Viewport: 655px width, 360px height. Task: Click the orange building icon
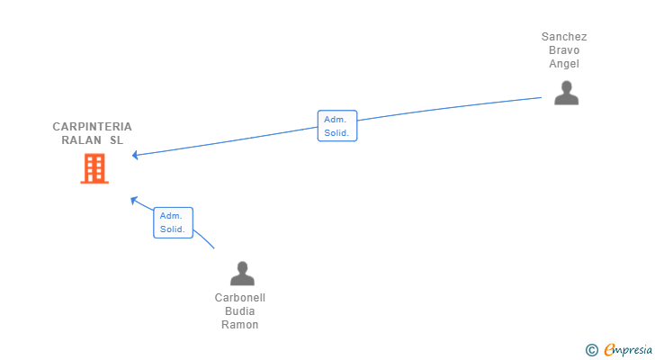pyautogui.click(x=94, y=168)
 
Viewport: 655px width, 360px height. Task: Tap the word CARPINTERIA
pyautogui.click(x=93, y=127)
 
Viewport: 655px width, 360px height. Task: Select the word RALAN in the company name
pyautogui.click(x=82, y=139)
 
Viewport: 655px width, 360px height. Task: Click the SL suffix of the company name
pyautogui.click(x=117, y=139)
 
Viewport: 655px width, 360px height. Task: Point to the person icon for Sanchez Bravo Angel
pyautogui.click(x=567, y=93)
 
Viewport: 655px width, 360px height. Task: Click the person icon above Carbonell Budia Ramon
pyautogui.click(x=242, y=274)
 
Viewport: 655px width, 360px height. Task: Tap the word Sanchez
pyautogui.click(x=564, y=37)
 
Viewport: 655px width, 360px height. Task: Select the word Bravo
pyautogui.click(x=564, y=50)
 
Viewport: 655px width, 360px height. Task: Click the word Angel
pyautogui.click(x=564, y=64)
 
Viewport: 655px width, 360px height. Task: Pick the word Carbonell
pyautogui.click(x=240, y=298)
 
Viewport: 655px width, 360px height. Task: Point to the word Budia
pyautogui.click(x=239, y=311)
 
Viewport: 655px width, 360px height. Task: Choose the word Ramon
pyautogui.click(x=239, y=325)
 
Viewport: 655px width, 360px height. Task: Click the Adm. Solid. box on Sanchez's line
pyautogui.click(x=337, y=126)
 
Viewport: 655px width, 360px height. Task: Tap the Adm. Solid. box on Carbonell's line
pyautogui.click(x=173, y=222)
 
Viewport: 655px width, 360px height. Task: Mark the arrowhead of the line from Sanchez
pyautogui.click(x=135, y=156)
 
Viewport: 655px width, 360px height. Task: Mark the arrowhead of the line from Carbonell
pyautogui.click(x=134, y=201)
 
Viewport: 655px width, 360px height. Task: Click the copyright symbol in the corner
pyautogui.click(x=592, y=350)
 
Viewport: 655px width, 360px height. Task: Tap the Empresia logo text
pyautogui.click(x=628, y=349)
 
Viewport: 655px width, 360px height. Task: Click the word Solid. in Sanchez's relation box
pyautogui.click(x=336, y=133)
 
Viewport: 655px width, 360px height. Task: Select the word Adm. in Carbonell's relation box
pyautogui.click(x=171, y=216)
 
